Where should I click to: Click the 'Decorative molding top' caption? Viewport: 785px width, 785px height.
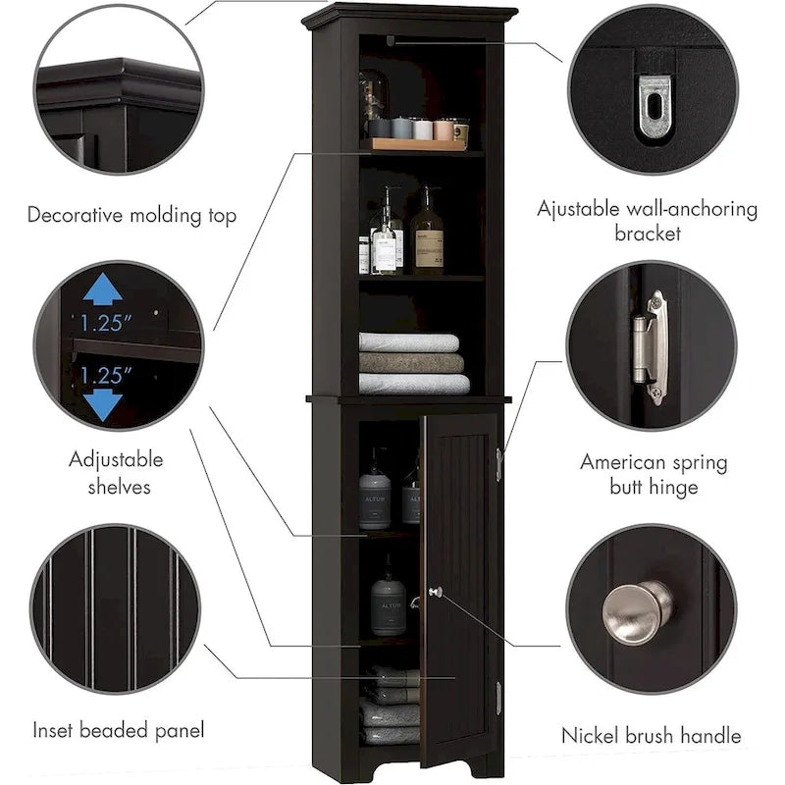131,215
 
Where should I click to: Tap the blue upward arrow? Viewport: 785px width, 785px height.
103,288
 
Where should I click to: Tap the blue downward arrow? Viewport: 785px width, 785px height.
103,404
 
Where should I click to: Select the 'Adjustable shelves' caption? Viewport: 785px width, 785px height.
116,472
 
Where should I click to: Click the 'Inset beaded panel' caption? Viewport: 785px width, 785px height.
119,730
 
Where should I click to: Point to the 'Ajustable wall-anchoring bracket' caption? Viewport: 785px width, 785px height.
647,221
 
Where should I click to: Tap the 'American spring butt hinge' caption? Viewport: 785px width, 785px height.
652,474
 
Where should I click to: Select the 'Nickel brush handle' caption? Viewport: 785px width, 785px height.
651,734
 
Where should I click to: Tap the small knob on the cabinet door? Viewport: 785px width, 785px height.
435,592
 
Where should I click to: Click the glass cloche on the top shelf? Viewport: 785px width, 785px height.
373,100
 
